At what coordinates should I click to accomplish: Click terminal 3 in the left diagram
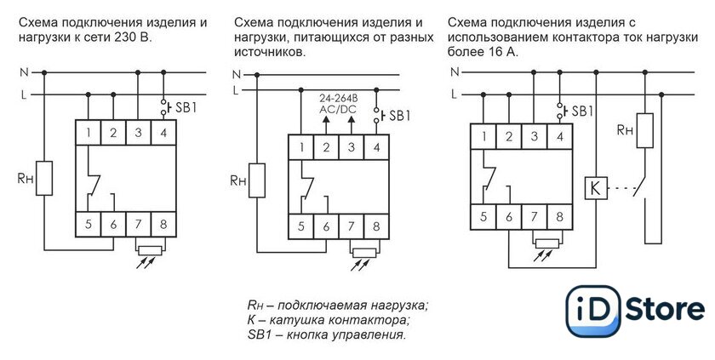138,133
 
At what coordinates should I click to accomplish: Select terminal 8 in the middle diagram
376,226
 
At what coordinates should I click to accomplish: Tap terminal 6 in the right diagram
509,217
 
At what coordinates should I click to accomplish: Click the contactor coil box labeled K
596,188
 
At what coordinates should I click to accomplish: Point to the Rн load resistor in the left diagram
44,178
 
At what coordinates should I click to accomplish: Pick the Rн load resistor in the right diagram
645,130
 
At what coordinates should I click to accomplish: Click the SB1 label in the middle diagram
400,116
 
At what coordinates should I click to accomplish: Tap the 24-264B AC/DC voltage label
338,105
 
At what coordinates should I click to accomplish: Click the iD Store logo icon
593,311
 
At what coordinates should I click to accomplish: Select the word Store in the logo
665,310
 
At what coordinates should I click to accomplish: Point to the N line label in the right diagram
455,72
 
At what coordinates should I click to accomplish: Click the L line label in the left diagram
23,95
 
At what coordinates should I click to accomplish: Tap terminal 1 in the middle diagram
301,147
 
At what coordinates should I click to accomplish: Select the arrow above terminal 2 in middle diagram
326,125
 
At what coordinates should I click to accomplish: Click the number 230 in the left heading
123,37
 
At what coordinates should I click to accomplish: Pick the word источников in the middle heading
268,53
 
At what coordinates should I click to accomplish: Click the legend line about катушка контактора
329,320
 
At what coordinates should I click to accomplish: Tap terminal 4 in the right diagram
560,136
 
